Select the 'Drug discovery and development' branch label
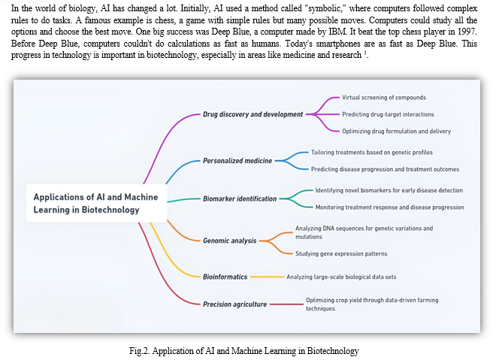point(253,114)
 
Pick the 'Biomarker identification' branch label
point(240,199)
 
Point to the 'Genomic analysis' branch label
point(230,241)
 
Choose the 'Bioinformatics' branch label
point(225,277)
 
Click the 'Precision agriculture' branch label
point(234,304)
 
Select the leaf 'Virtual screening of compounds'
point(384,98)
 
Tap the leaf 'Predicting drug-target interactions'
point(388,114)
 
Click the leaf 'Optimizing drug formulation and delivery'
point(396,131)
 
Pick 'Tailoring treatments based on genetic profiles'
point(374,152)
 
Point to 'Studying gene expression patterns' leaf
point(342,253)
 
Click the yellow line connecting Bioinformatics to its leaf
point(266,277)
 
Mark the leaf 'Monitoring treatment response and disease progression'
point(389,207)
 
